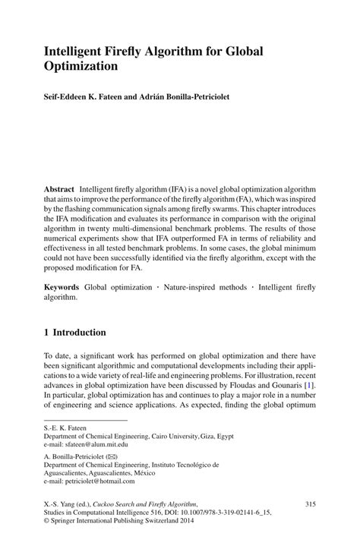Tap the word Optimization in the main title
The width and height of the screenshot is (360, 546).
tap(81, 66)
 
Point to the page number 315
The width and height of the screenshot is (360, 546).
tap(309, 504)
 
